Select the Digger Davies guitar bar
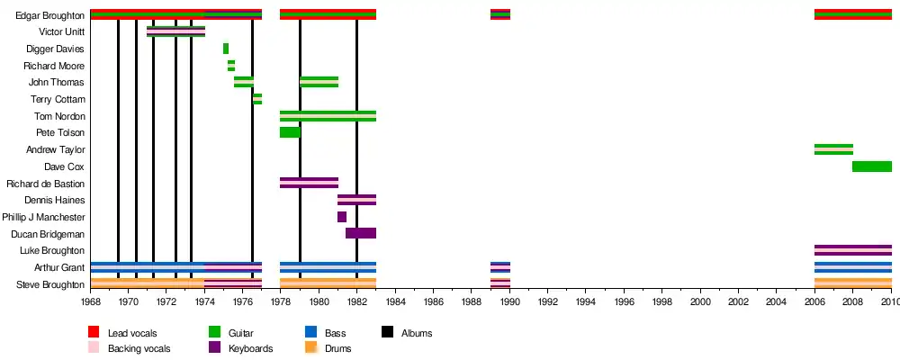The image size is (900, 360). pyautogui.click(x=226, y=49)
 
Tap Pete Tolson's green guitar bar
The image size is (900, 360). pyautogui.click(x=289, y=132)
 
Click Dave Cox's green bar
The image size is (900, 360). pyautogui.click(x=871, y=166)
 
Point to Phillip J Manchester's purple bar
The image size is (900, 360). pyautogui.click(x=342, y=217)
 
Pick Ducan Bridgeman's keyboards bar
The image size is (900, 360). pyautogui.click(x=360, y=233)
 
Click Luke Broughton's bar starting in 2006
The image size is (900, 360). pyautogui.click(x=852, y=250)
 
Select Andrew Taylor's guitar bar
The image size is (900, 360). pyautogui.click(x=833, y=149)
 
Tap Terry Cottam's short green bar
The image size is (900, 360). pyautogui.click(x=257, y=99)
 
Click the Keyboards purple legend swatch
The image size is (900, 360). pyautogui.click(x=215, y=347)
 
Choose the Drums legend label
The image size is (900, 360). pyautogui.click(x=337, y=348)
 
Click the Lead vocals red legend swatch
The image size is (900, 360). pyautogui.click(x=94, y=333)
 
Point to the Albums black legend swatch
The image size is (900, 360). pyautogui.click(x=388, y=333)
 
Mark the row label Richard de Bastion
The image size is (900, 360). pyautogui.click(x=45, y=184)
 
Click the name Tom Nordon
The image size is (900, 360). pyautogui.click(x=59, y=116)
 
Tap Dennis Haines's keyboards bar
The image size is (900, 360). pyautogui.click(x=356, y=200)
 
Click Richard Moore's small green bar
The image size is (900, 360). pyautogui.click(x=231, y=66)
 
